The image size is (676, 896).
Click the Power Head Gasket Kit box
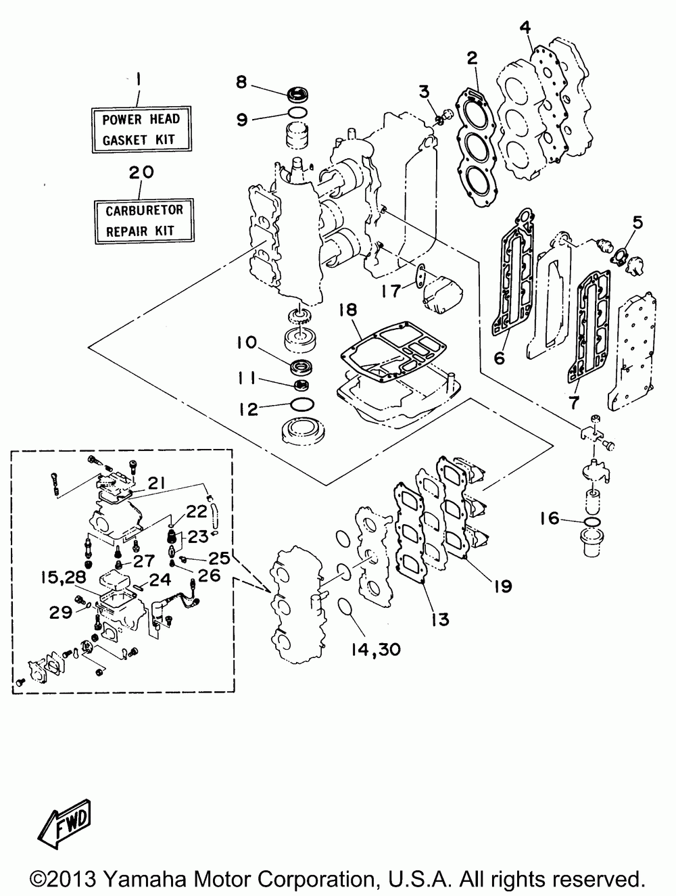pyautogui.click(x=141, y=129)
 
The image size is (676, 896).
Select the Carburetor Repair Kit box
pyautogui.click(x=145, y=221)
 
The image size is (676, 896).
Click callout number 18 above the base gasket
pyautogui.click(x=347, y=310)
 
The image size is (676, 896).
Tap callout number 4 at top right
pyautogui.click(x=525, y=28)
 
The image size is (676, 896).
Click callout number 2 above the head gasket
pyautogui.click(x=472, y=58)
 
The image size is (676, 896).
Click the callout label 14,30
pyautogui.click(x=376, y=650)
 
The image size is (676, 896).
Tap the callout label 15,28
pyautogui.click(x=64, y=577)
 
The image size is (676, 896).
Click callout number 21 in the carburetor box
pyautogui.click(x=156, y=484)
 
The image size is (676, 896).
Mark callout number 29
pyautogui.click(x=61, y=612)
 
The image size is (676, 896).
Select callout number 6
pyautogui.click(x=499, y=358)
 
